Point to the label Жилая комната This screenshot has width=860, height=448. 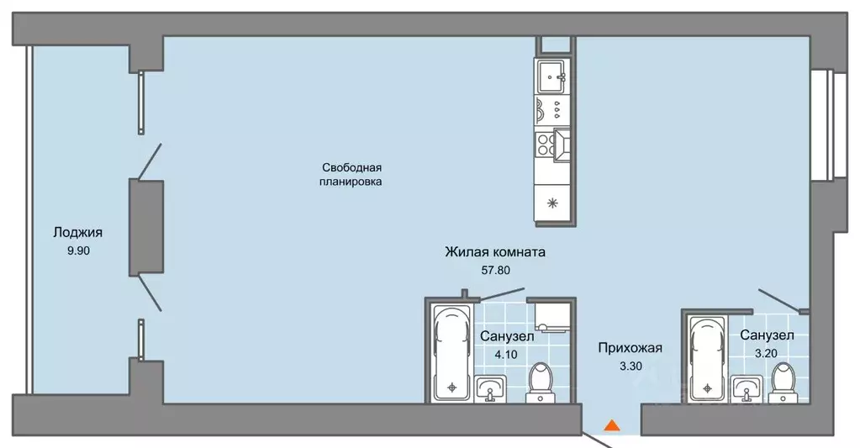click(x=496, y=251)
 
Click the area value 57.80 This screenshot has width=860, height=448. click(x=496, y=270)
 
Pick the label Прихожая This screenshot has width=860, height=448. click(x=630, y=347)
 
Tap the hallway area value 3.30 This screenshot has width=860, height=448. click(x=630, y=366)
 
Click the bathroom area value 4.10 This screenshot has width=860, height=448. click(x=505, y=354)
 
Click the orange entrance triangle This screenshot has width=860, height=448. click(x=613, y=425)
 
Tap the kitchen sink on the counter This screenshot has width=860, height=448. click(x=553, y=78)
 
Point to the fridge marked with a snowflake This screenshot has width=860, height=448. click(x=553, y=202)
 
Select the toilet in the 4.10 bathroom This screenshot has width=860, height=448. click(x=539, y=381)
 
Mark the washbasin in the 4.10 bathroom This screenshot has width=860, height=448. click(x=490, y=389)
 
